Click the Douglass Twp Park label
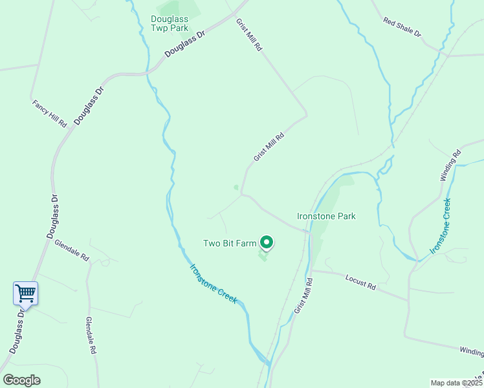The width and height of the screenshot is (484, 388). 169,23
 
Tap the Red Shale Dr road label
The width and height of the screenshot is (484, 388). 402,27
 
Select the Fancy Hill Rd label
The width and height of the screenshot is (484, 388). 49,113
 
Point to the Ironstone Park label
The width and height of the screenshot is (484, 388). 326,216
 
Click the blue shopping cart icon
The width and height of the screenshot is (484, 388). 25,293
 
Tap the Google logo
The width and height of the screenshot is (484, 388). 21,380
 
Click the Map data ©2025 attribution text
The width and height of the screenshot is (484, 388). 456,383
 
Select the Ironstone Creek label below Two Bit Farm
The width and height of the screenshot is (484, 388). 214,283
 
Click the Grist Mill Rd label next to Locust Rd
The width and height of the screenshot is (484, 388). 303,296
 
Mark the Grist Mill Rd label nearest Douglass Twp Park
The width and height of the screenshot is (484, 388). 248,35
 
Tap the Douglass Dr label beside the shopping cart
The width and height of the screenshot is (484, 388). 17,329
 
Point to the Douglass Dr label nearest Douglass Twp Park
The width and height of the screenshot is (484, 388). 184,43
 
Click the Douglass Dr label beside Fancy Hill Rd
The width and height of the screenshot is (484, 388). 89,106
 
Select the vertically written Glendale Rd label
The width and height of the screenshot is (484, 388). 91,335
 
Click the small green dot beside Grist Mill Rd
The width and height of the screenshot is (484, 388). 236,188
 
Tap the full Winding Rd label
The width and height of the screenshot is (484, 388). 450,164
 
